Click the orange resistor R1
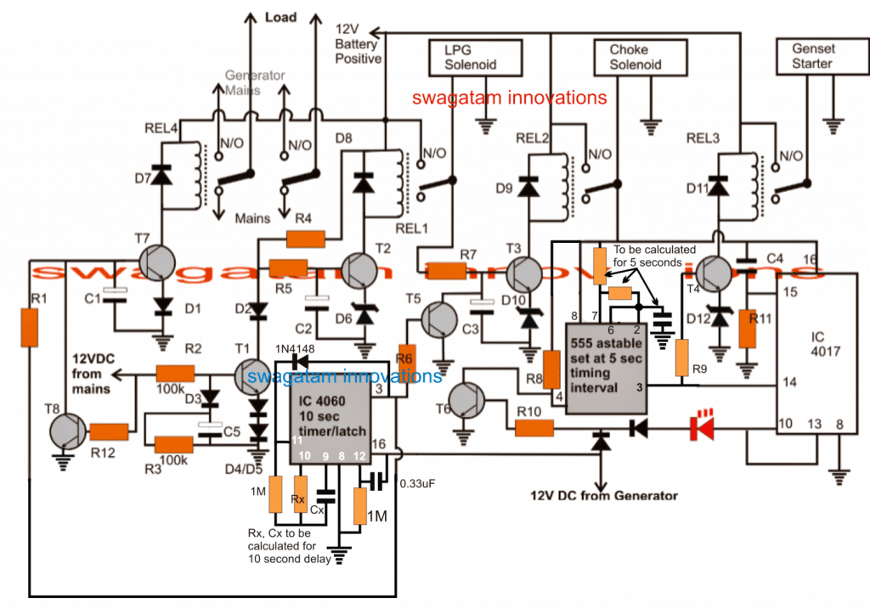[30, 328]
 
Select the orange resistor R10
[534, 430]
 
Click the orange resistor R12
[110, 431]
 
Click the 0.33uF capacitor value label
[417, 483]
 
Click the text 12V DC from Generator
[604, 496]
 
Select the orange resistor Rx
[298, 494]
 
